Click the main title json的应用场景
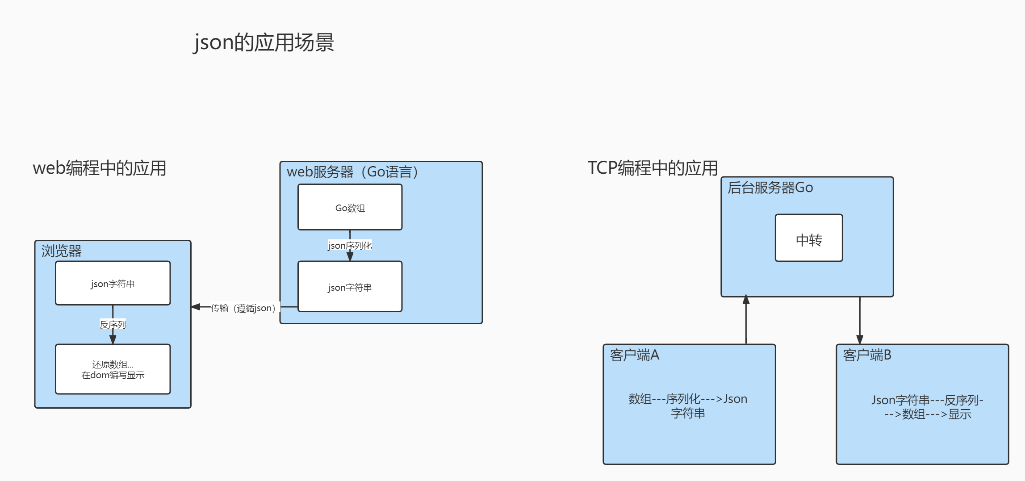pyautogui.click(x=264, y=42)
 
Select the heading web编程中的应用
pyautogui.click(x=99, y=168)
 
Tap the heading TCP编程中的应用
pyautogui.click(x=653, y=168)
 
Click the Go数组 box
pyautogui.click(x=350, y=208)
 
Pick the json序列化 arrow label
pyautogui.click(x=350, y=245)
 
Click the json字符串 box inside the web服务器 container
pyautogui.click(x=350, y=287)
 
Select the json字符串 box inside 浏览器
pyautogui.click(x=113, y=284)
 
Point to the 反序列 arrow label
pyautogui.click(x=113, y=325)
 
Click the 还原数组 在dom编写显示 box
pyautogui.click(x=113, y=369)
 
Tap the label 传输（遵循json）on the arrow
pyautogui.click(x=243, y=308)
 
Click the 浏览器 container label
pyautogui.click(x=61, y=251)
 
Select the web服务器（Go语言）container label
pyautogui.click(x=352, y=172)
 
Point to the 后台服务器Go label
pyautogui.click(x=770, y=188)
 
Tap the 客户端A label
pyautogui.click(x=634, y=355)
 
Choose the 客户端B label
pyautogui.click(x=867, y=355)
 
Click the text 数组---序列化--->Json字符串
pyautogui.click(x=688, y=406)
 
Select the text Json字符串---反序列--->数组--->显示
pyautogui.click(x=927, y=406)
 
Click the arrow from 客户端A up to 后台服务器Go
pyautogui.click(x=746, y=322)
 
